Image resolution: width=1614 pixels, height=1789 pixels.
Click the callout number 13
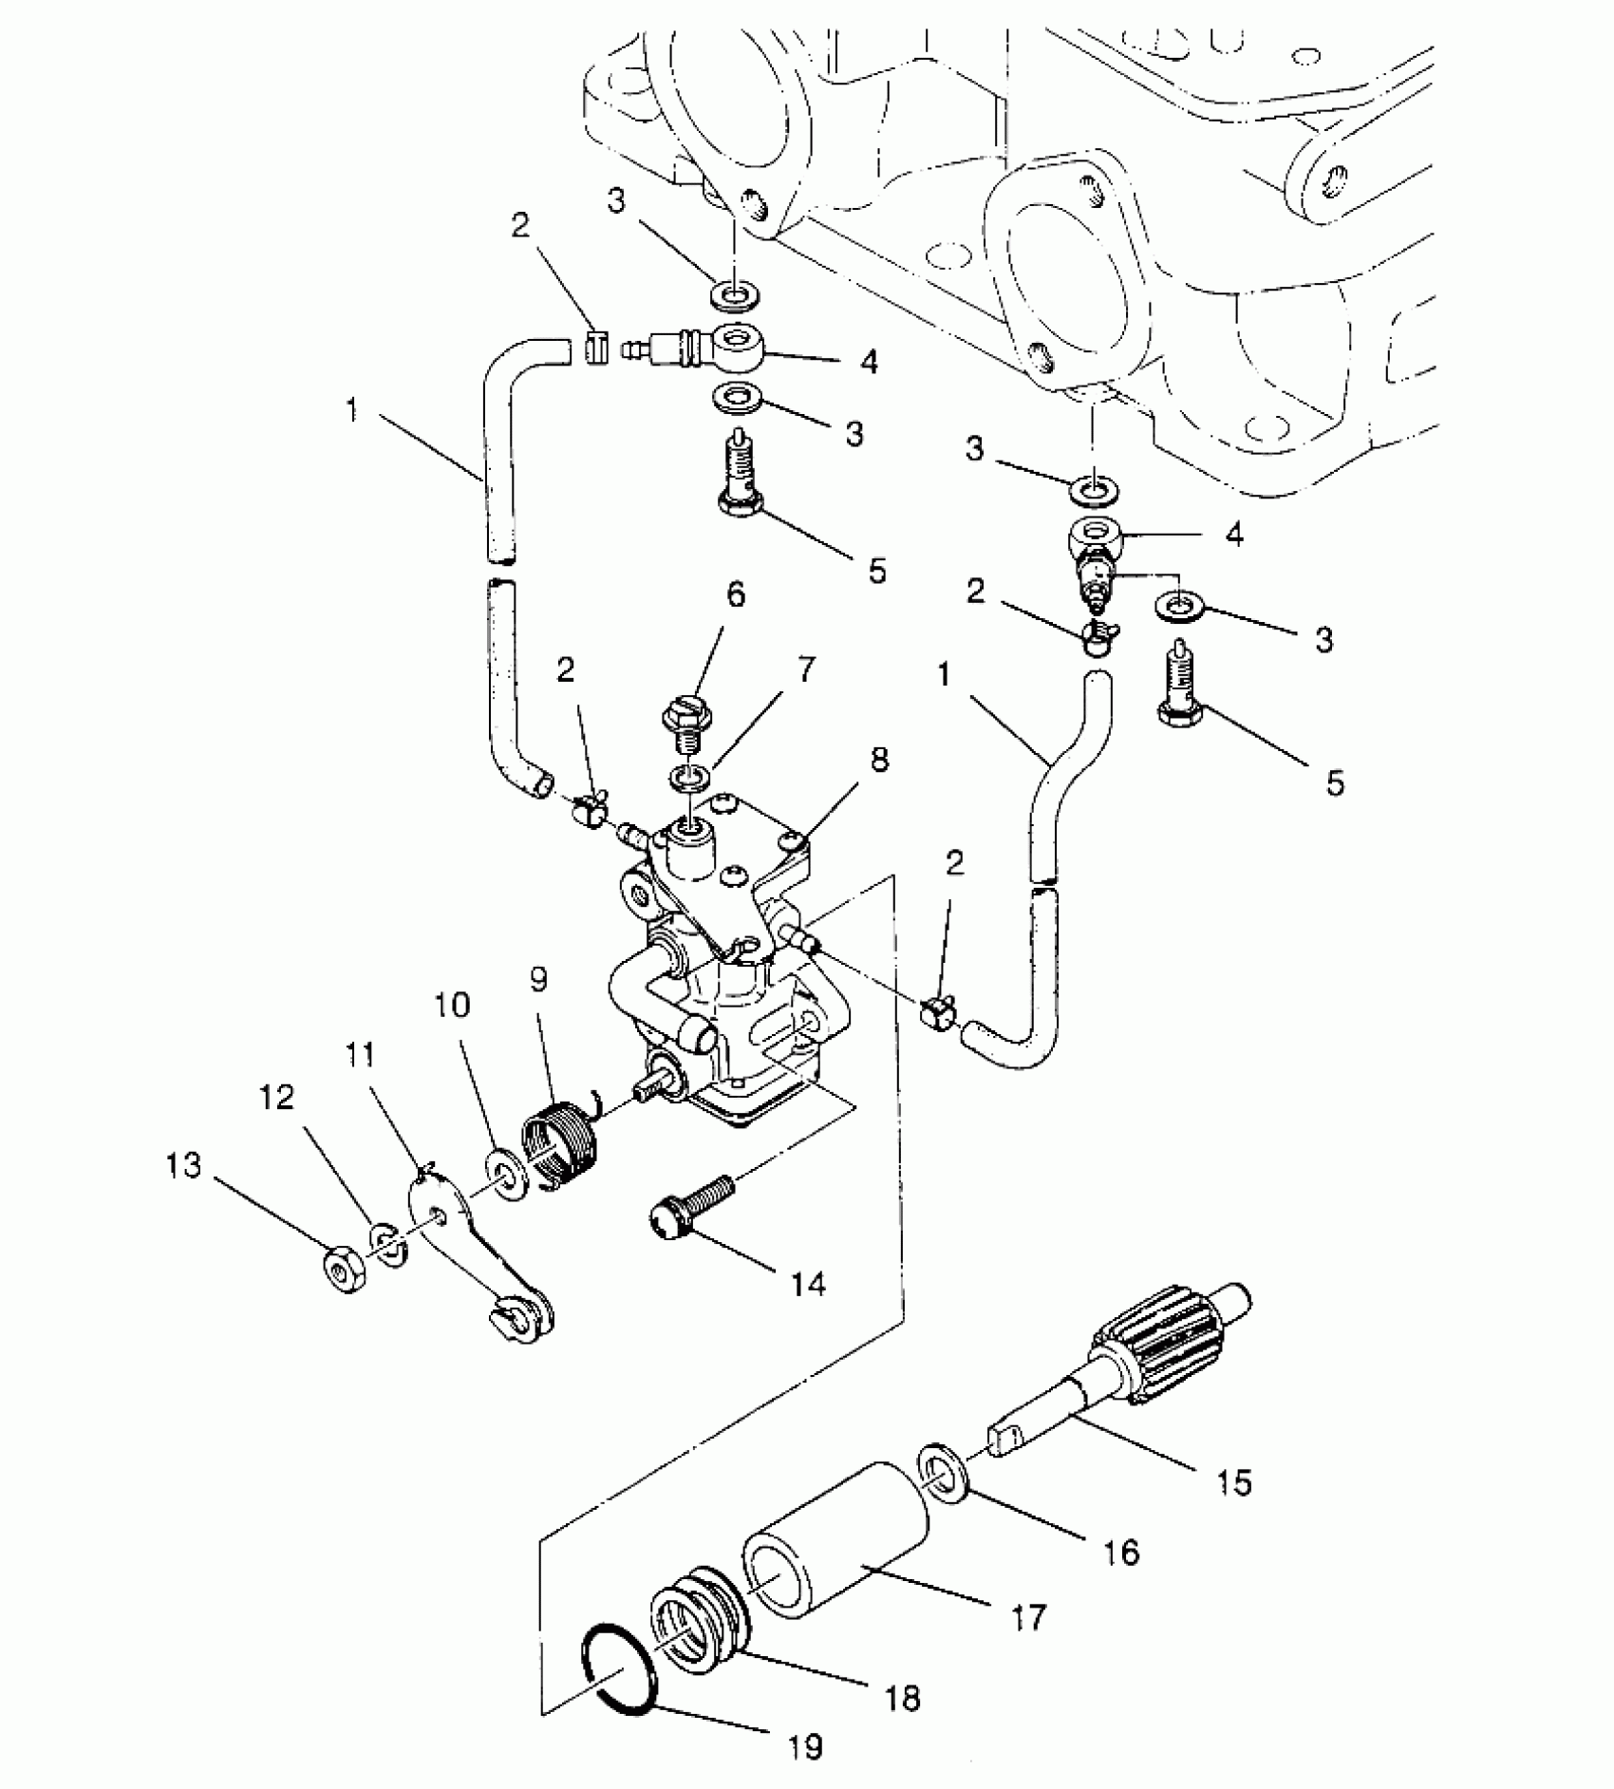click(184, 1166)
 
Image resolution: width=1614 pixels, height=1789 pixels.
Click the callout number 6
click(736, 595)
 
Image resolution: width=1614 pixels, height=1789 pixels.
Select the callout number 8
click(879, 760)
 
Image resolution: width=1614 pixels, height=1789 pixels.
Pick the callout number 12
click(276, 1099)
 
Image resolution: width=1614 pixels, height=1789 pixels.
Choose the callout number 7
click(805, 669)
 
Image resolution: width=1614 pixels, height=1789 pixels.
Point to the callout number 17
click(1028, 1616)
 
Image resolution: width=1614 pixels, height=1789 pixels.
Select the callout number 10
click(453, 1005)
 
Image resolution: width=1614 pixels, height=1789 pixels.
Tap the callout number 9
click(539, 980)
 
